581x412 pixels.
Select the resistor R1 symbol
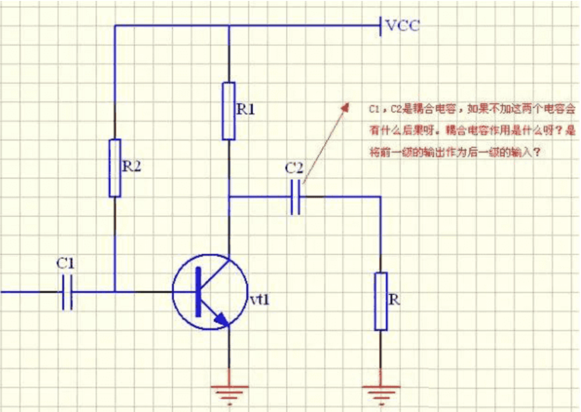[x=229, y=111]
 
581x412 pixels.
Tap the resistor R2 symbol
[x=115, y=168]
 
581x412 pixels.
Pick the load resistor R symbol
[x=381, y=301]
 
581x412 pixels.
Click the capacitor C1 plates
[x=67, y=292]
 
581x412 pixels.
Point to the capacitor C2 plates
[x=295, y=197]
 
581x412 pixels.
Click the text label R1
[x=245, y=110]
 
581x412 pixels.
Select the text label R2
[x=131, y=167]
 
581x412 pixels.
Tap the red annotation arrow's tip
[x=346, y=105]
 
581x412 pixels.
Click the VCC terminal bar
[x=381, y=25]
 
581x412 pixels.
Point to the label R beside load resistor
[x=394, y=300]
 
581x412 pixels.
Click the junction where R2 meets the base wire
[x=115, y=292]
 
